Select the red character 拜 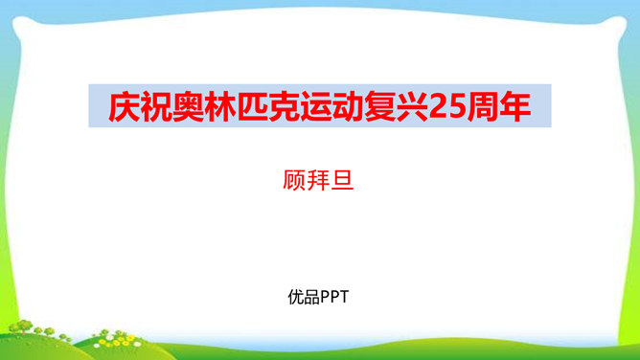[320, 179]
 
